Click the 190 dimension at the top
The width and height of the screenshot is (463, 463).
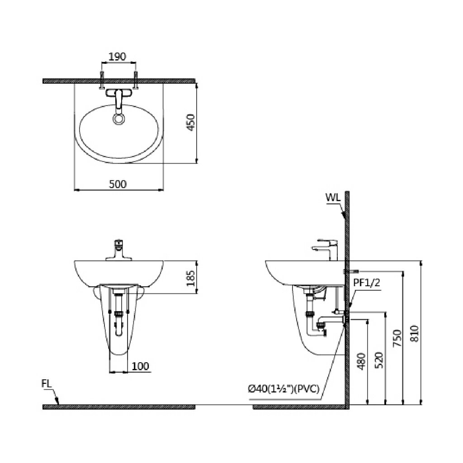tap(117, 56)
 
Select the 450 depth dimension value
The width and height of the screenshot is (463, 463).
tap(191, 122)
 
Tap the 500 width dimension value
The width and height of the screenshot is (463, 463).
tap(118, 184)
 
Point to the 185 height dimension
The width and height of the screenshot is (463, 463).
tap(191, 278)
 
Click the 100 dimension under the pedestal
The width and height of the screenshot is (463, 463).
tap(140, 366)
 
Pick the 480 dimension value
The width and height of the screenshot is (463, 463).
tap(361, 361)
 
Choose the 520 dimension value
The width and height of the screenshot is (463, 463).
tap(378, 360)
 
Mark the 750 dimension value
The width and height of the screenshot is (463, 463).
tap(397, 338)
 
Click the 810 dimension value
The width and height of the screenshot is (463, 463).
tap(415, 333)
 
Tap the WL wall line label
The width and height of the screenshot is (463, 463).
tap(333, 197)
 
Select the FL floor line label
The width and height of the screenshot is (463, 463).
tap(47, 383)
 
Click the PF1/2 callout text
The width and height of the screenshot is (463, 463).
tap(367, 283)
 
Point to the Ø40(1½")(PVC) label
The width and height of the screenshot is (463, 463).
tap(283, 389)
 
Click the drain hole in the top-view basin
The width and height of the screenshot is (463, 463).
tap(119, 119)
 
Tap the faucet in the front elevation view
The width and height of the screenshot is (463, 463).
tap(119, 250)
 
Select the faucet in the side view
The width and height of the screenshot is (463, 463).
tap(325, 250)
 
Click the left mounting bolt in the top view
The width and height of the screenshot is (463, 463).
tap(102, 80)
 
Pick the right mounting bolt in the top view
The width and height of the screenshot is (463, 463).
tap(136, 80)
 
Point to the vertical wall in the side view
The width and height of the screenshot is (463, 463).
tap(347, 300)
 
